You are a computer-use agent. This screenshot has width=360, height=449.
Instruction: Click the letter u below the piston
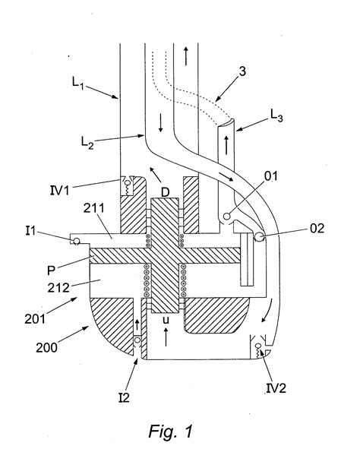[167, 321]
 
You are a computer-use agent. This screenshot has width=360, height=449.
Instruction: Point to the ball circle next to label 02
[261, 238]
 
